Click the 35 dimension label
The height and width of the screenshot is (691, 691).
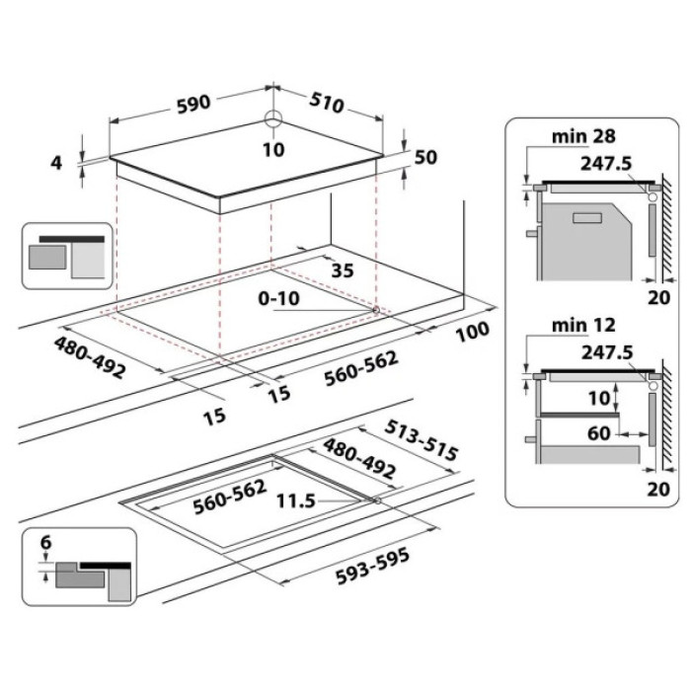[344, 269]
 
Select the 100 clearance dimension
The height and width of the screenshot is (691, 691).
[473, 335]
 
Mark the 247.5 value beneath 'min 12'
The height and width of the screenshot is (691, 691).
[602, 351]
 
